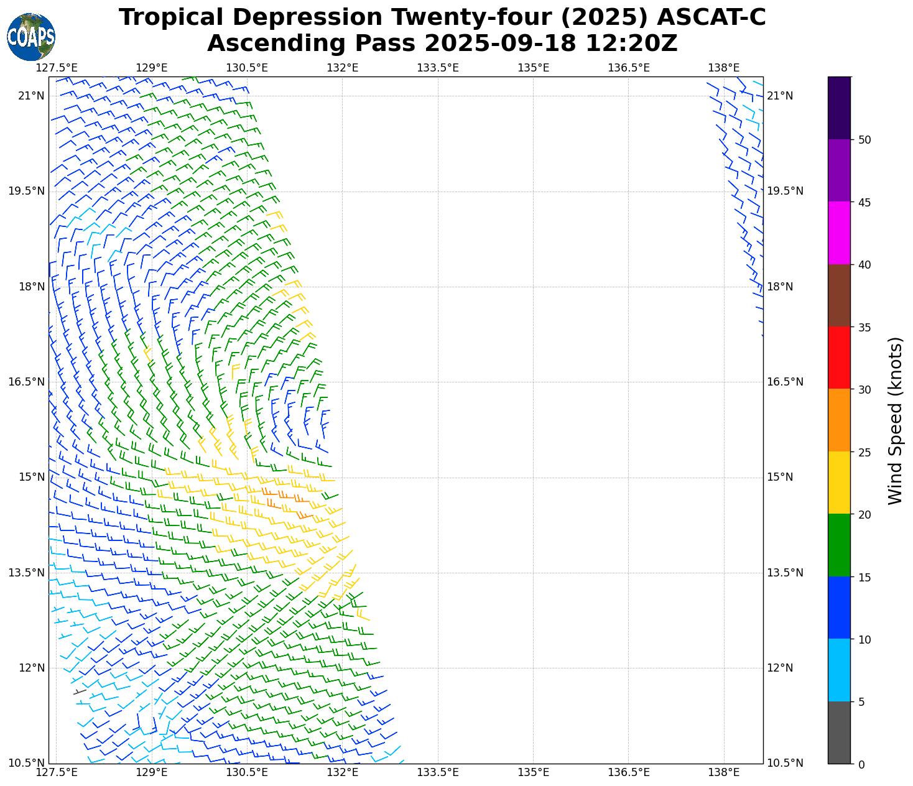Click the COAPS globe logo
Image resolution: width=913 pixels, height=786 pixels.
31,37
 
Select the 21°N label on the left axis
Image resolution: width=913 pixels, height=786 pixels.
32,96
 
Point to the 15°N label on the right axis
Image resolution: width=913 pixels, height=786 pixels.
780,477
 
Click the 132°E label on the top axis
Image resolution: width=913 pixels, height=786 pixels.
342,67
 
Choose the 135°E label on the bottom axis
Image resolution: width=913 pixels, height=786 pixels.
533,772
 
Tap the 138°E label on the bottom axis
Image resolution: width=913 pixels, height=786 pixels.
724,772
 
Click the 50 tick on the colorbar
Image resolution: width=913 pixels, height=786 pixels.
864,140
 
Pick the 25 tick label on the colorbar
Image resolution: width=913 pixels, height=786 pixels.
864,452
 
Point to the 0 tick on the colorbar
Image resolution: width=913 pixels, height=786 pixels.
861,764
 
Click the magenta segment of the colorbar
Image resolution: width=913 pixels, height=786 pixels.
839,233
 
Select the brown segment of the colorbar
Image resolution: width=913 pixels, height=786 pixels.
839,295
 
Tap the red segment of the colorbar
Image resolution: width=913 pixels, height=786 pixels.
839,358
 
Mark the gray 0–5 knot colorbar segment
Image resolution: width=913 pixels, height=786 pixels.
839,733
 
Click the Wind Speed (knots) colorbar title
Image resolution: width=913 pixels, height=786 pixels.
895,420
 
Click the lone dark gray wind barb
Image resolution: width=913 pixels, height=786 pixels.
80,691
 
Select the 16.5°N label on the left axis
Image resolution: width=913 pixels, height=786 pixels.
26,382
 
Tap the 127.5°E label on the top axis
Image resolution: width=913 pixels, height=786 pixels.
56,67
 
